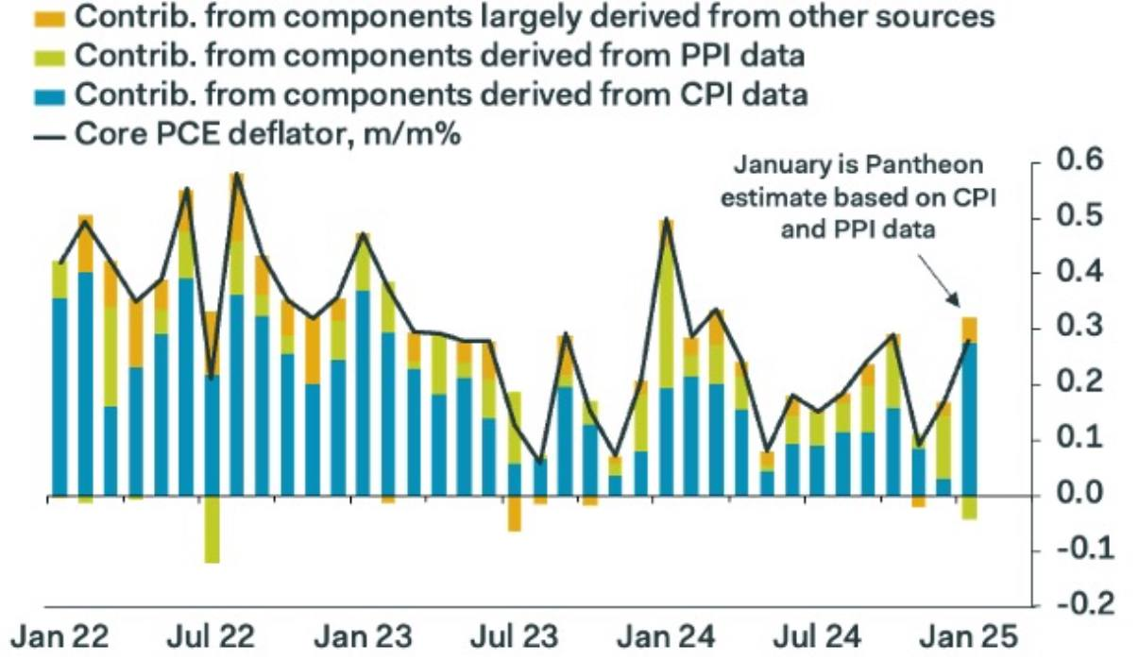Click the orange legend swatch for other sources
pyautogui.click(x=51, y=16)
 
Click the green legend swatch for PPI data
pyautogui.click(x=51, y=57)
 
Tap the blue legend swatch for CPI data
pyautogui.click(x=51, y=95)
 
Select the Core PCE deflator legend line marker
pyautogui.click(x=53, y=135)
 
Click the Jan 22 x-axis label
pyautogui.click(x=59, y=635)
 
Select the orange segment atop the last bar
pyautogui.click(x=970, y=330)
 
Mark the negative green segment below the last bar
pyautogui.click(x=970, y=507)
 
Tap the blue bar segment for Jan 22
pyautogui.click(x=60, y=397)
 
